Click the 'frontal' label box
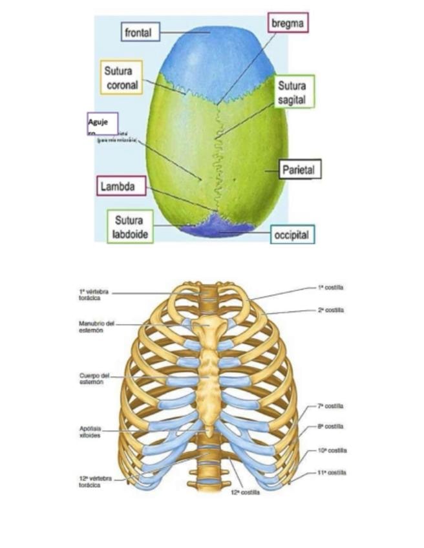click(141, 32)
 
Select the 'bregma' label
click(288, 23)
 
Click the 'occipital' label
click(292, 235)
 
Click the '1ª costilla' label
click(330, 287)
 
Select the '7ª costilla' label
click(330, 406)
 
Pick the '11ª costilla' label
click(332, 472)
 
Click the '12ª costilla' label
click(246, 492)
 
